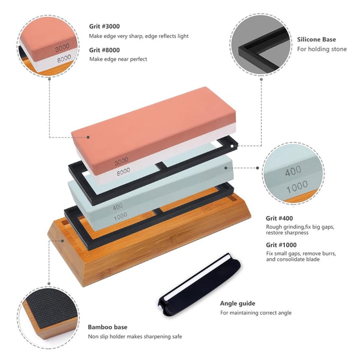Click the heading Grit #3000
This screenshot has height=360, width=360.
click(x=104, y=26)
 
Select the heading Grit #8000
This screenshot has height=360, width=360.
click(x=104, y=50)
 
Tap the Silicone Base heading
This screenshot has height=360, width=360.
click(x=317, y=40)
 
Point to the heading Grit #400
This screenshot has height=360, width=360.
click(x=279, y=218)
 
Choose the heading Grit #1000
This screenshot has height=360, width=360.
click(x=281, y=245)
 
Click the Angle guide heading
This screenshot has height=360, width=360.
click(x=237, y=303)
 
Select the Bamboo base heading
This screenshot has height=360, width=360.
click(x=107, y=327)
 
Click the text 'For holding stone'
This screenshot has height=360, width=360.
click(x=322, y=49)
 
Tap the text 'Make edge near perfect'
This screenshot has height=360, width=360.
click(x=118, y=59)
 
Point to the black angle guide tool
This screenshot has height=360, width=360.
click(x=199, y=285)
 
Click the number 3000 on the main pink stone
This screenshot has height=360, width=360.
click(x=121, y=161)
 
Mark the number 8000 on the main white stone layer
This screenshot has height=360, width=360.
click(x=123, y=172)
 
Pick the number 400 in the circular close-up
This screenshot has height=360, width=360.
click(x=293, y=171)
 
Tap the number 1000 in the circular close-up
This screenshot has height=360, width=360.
click(x=297, y=187)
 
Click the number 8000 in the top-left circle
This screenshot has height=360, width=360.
click(x=64, y=59)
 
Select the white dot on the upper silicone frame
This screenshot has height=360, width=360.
click(x=232, y=146)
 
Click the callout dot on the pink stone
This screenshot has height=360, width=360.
click(x=88, y=137)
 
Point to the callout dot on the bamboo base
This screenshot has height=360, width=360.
click(x=62, y=241)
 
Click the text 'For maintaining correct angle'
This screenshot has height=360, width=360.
click(x=256, y=313)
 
